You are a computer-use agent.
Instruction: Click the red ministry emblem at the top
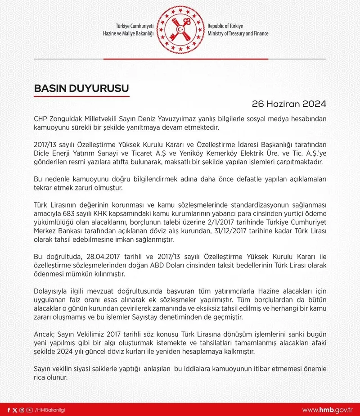point(180,29)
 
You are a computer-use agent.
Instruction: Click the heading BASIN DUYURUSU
point(81,88)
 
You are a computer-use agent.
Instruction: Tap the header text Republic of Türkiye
point(229,26)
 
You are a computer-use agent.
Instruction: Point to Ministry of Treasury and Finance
point(238,34)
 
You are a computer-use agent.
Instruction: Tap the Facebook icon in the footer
point(9,410)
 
